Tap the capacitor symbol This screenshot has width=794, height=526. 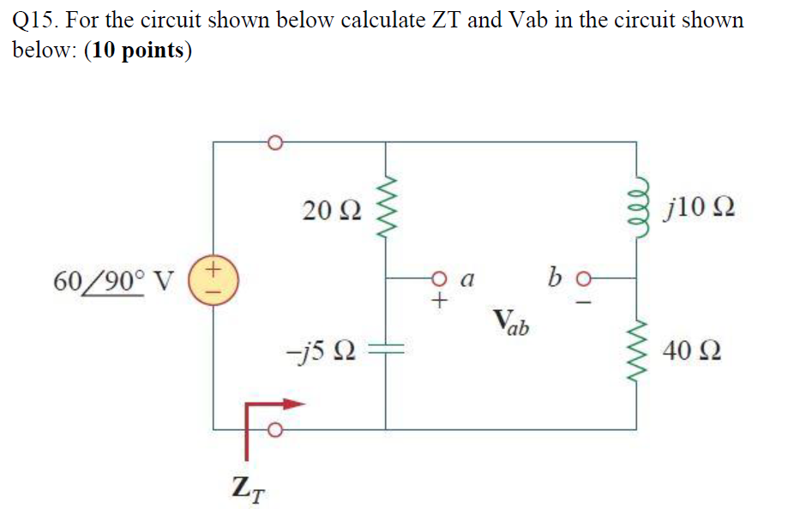pos(385,350)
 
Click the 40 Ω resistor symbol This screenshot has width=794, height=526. pos(635,351)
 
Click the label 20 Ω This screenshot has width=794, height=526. pos(327,208)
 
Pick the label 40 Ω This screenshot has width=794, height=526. pos(692,351)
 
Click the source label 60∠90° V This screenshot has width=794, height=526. pos(113,279)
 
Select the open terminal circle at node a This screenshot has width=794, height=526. pos(440,278)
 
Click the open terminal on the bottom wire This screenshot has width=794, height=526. pos(274,429)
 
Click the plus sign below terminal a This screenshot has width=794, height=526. pos(440,301)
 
